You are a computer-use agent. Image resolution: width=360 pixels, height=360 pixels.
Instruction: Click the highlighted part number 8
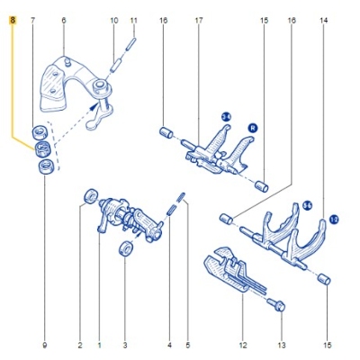pos(12,19)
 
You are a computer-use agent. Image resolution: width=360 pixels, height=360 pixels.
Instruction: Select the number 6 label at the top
pos(62,19)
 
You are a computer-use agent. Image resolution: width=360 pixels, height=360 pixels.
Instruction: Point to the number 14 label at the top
pos(323,19)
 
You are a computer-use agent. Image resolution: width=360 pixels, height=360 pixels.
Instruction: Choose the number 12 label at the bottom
pos(241,345)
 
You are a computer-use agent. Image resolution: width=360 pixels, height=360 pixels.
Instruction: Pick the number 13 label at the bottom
pos(281,345)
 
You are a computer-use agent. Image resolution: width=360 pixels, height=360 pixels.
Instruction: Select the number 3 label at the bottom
pos(124,345)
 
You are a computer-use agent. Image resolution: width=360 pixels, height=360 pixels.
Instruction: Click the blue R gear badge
pos(252,128)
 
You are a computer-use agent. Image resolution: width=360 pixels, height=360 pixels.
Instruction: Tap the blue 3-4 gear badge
pos(226,116)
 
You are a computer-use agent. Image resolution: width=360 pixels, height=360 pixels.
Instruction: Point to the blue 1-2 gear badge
pos(334,218)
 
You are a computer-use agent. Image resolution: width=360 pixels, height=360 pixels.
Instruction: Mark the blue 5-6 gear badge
pos(307,206)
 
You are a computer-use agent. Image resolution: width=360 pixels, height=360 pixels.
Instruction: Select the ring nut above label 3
pos(124,248)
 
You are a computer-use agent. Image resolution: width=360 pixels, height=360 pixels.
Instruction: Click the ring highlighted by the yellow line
pos(42,148)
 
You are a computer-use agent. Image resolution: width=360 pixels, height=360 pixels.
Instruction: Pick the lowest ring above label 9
pos(43,165)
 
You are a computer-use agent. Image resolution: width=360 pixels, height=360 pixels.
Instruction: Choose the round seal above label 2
pos(88,196)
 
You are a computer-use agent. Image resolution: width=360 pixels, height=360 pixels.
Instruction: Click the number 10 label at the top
pos(113,19)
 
